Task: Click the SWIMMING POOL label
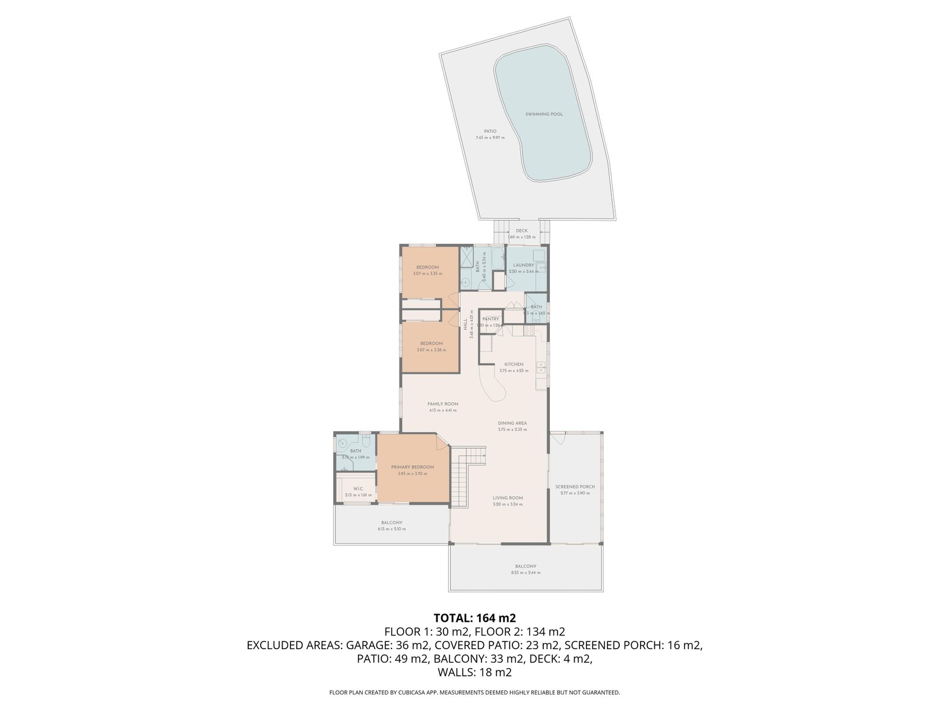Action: (544, 114)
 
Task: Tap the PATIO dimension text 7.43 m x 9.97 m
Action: (490, 138)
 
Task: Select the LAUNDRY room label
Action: (524, 265)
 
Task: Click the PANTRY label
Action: (490, 319)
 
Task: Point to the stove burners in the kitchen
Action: (528, 330)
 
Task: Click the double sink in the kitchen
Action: (541, 367)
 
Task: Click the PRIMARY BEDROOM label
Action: (412, 467)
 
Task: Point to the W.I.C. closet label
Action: (358, 490)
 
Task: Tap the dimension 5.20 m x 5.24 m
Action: (508, 504)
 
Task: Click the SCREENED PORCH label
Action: (575, 487)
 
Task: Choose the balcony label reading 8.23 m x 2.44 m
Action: (525, 573)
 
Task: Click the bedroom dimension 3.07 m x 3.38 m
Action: (431, 350)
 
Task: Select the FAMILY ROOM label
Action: (442, 403)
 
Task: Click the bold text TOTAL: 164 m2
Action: (474, 618)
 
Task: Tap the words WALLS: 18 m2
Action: (474, 672)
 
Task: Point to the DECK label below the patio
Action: (521, 231)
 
